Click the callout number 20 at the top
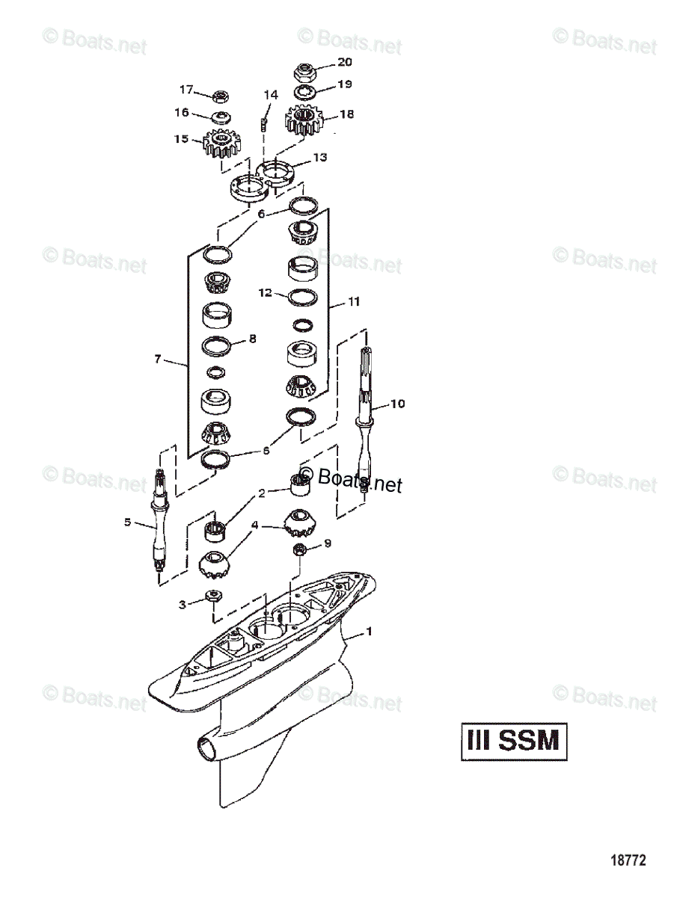pyautogui.click(x=344, y=62)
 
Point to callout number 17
pyautogui.click(x=186, y=90)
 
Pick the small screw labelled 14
pyautogui.click(x=264, y=123)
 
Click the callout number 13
pyautogui.click(x=319, y=158)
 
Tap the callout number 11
pyautogui.click(x=353, y=302)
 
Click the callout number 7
pyautogui.click(x=158, y=360)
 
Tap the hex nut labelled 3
pyautogui.click(x=212, y=596)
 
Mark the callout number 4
pyautogui.click(x=255, y=525)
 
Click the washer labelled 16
pyautogui.click(x=221, y=117)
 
